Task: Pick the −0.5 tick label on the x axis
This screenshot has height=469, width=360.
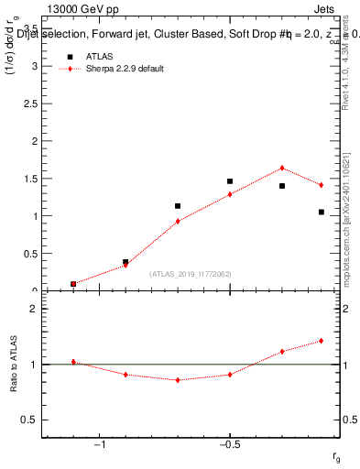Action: coord(229,445)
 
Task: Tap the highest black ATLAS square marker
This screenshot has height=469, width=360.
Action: coord(230,181)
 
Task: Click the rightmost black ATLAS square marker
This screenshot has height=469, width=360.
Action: coord(322,212)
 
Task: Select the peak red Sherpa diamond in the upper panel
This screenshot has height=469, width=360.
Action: coord(282,168)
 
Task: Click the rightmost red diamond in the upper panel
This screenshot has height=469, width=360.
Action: coord(322,185)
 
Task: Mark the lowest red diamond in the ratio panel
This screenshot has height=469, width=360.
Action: coord(178,380)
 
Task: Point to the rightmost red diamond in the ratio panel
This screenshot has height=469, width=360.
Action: coord(322,341)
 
